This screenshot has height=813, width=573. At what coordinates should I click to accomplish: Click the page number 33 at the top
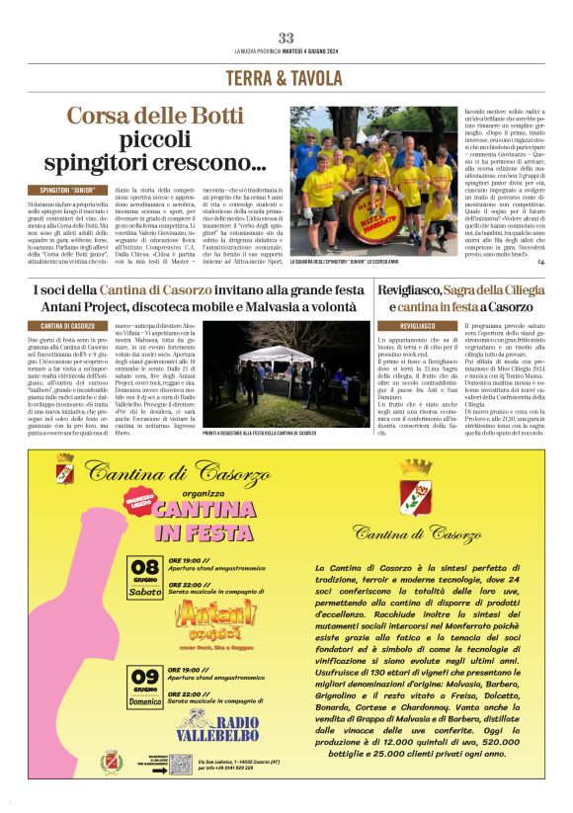[x=286, y=38]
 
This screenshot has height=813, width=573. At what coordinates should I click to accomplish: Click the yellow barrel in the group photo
[x=348, y=229]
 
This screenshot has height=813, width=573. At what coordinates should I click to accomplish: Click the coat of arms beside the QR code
[x=113, y=761]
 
